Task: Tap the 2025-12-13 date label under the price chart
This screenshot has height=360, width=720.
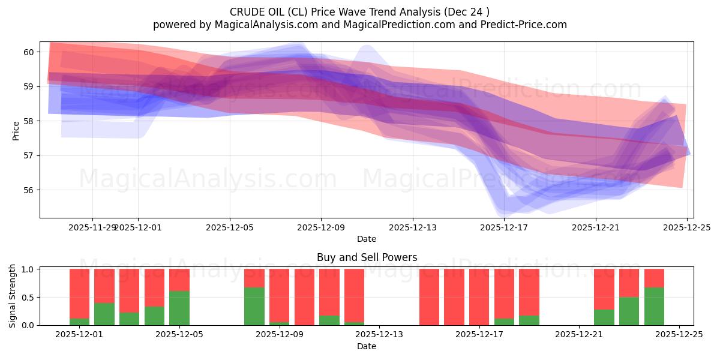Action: click(x=412, y=227)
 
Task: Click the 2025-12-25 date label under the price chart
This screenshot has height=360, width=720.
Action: click(x=687, y=227)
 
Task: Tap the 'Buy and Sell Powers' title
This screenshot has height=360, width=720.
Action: click(x=367, y=257)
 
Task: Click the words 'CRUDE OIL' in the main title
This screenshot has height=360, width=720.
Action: click(x=254, y=12)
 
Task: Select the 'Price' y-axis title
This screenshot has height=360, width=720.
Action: click(x=16, y=130)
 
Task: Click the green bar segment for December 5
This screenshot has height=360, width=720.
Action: click(x=179, y=308)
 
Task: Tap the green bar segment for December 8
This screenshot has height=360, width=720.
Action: click(x=254, y=306)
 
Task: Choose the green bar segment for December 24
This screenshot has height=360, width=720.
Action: click(x=654, y=306)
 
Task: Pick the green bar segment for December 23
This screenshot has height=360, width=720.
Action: click(x=629, y=311)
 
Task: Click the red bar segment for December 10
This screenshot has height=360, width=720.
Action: click(x=304, y=297)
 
